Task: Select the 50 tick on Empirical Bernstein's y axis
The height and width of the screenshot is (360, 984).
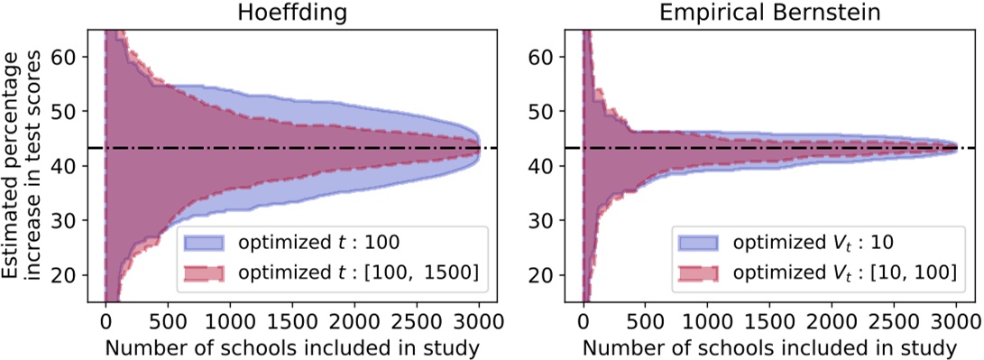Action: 548,111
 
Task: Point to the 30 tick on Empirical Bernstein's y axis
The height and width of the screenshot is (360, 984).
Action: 548,220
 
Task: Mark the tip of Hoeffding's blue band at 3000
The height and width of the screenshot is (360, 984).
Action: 479,148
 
